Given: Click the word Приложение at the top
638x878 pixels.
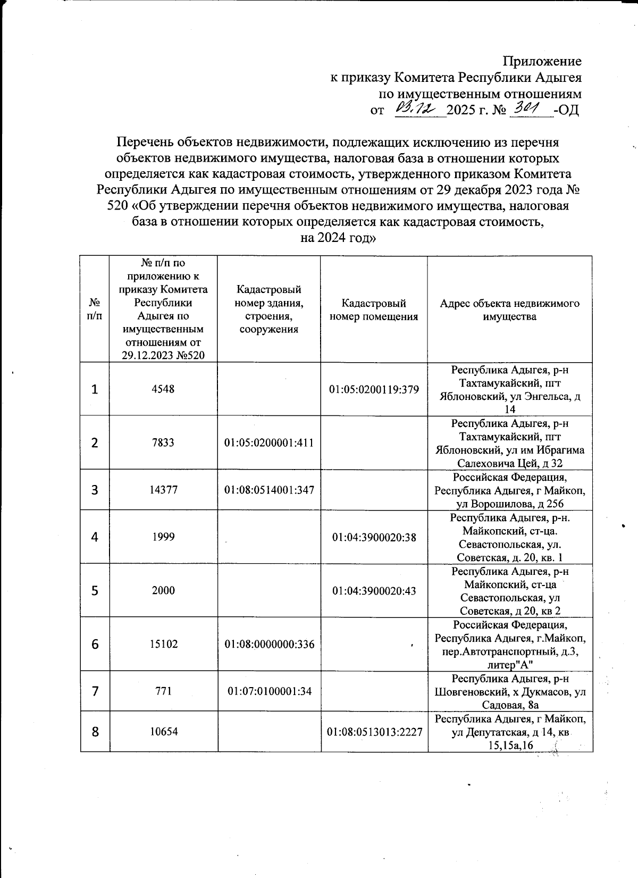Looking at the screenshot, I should [x=542, y=61].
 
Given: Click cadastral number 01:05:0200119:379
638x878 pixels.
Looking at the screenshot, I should [x=374, y=389].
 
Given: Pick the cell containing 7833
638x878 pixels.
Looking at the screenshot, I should [x=163, y=442].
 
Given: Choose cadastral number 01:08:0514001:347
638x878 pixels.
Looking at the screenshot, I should [x=269, y=490].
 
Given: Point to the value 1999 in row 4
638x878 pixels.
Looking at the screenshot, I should [x=163, y=537].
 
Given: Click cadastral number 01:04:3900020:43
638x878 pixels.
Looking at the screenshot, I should [x=374, y=591].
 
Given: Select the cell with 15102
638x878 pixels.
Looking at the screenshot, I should [x=163, y=645].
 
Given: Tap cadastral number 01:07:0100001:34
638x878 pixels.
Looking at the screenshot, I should [x=269, y=691].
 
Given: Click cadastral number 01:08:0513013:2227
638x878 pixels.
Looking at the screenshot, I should [x=374, y=732].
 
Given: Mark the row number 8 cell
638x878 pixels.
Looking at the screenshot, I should [x=95, y=732].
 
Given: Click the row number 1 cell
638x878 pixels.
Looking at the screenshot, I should [x=95, y=389].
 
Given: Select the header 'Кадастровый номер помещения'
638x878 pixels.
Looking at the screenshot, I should [x=374, y=310].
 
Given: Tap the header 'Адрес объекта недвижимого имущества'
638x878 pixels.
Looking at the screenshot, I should [x=509, y=310].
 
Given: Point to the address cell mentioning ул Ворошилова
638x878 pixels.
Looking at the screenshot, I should [x=509, y=490].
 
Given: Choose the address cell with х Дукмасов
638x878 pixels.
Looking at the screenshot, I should [x=509, y=691].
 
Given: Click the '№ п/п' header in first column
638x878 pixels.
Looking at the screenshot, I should [x=95, y=310].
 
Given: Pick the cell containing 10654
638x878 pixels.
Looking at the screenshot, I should [x=163, y=732].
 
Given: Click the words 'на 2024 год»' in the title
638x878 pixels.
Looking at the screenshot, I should [x=338, y=238].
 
